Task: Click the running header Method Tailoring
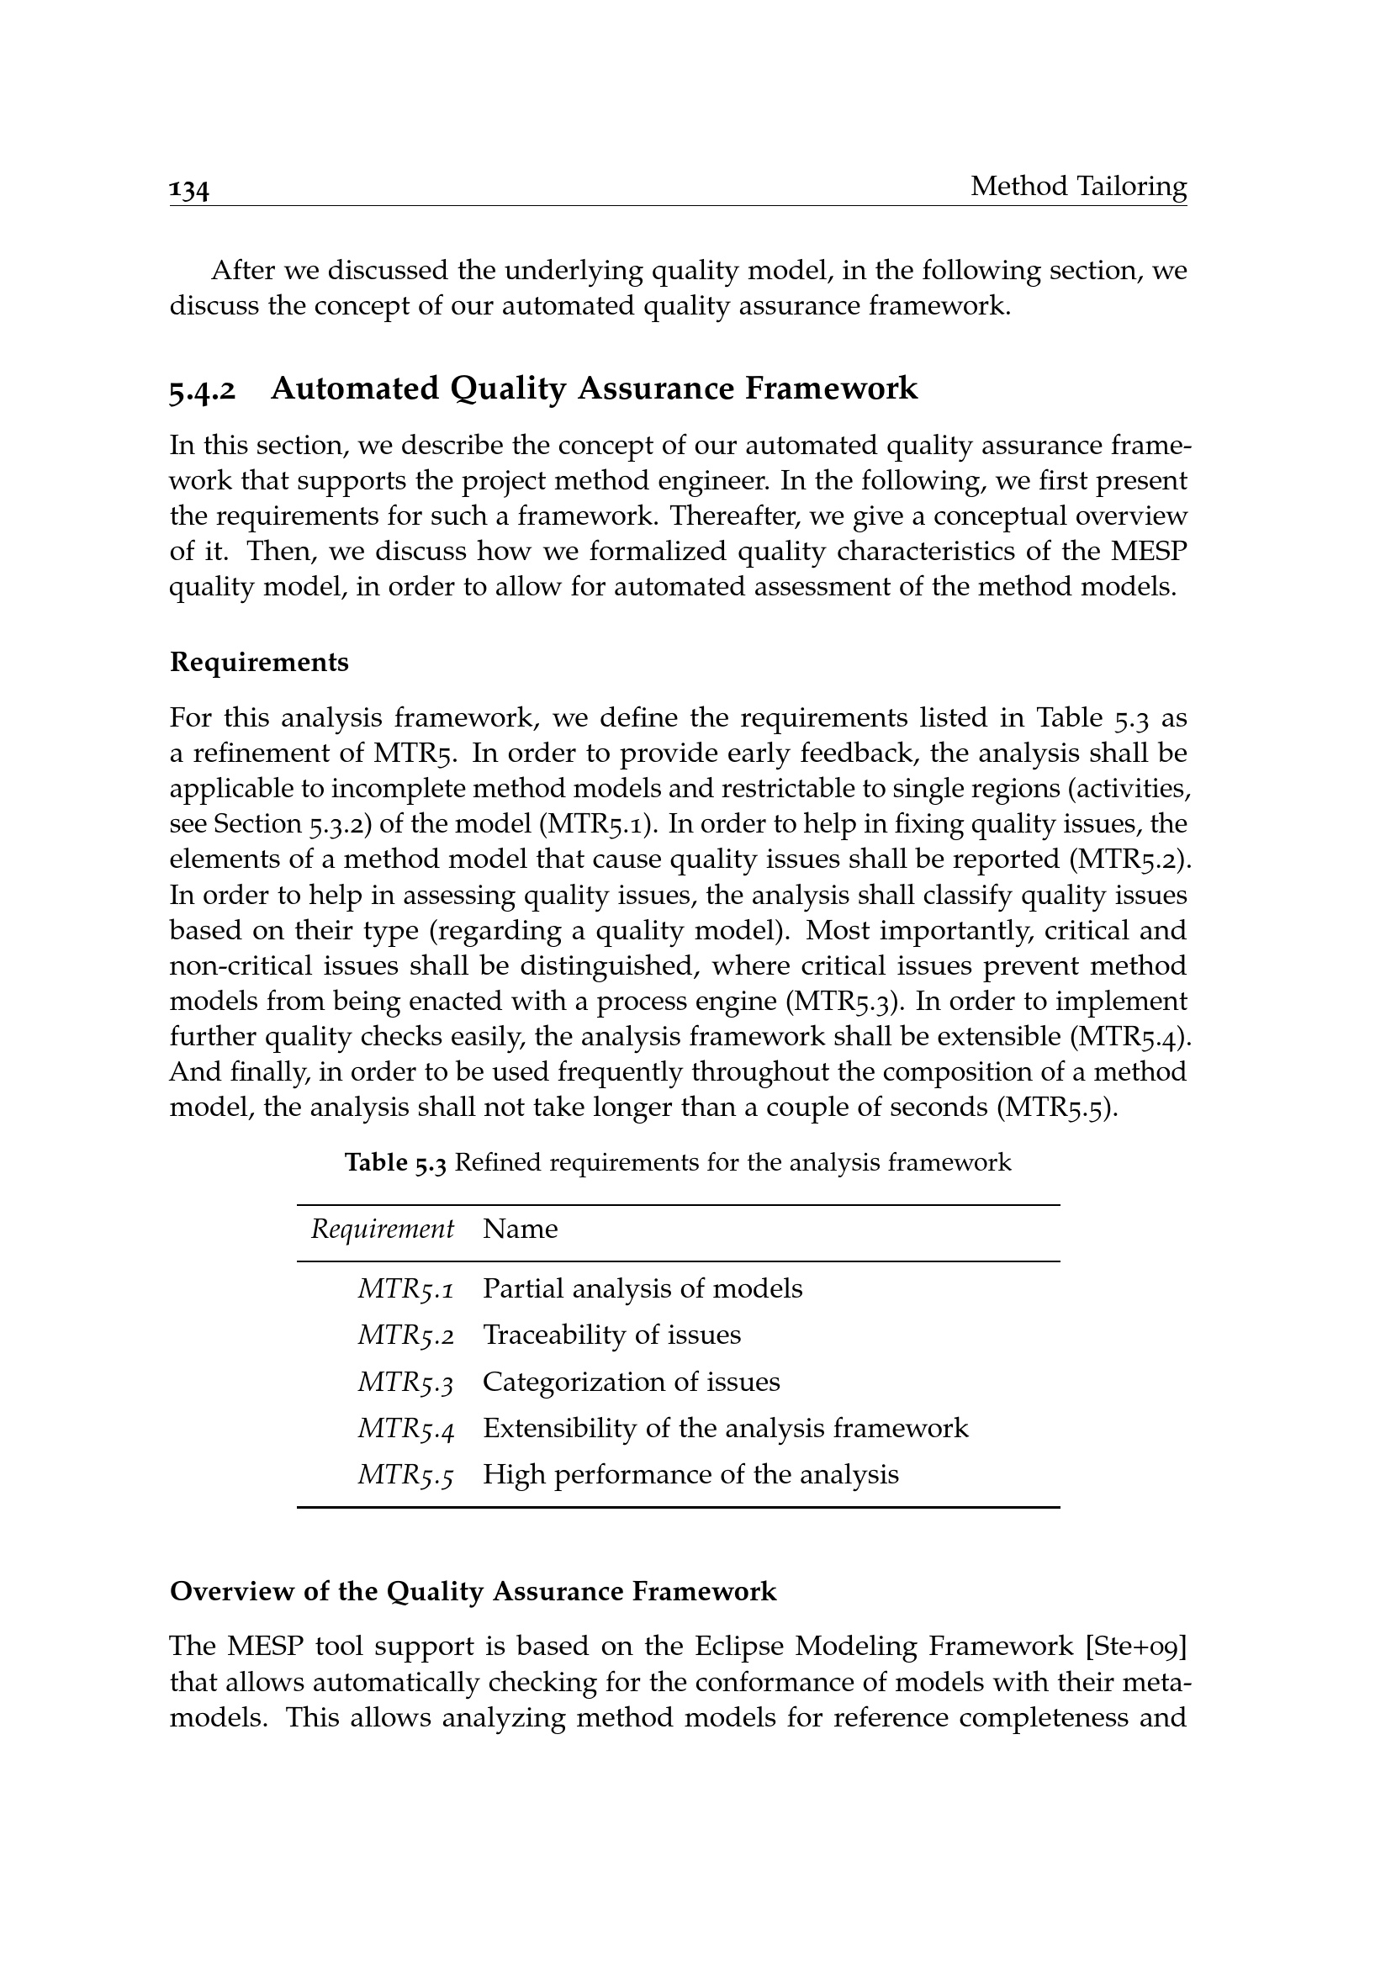click(x=1078, y=186)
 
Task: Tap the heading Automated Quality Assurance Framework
click(x=594, y=389)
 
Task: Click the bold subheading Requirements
click(x=259, y=662)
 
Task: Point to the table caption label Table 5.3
click(x=395, y=1162)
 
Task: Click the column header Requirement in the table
click(x=382, y=1229)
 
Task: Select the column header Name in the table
click(x=520, y=1229)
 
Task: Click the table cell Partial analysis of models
click(x=643, y=1289)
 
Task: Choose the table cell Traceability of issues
click(x=611, y=1335)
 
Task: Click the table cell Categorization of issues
click(x=632, y=1382)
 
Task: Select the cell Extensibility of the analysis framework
click(x=726, y=1429)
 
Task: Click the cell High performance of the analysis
click(x=690, y=1475)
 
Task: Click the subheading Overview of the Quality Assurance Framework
click(x=473, y=1592)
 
